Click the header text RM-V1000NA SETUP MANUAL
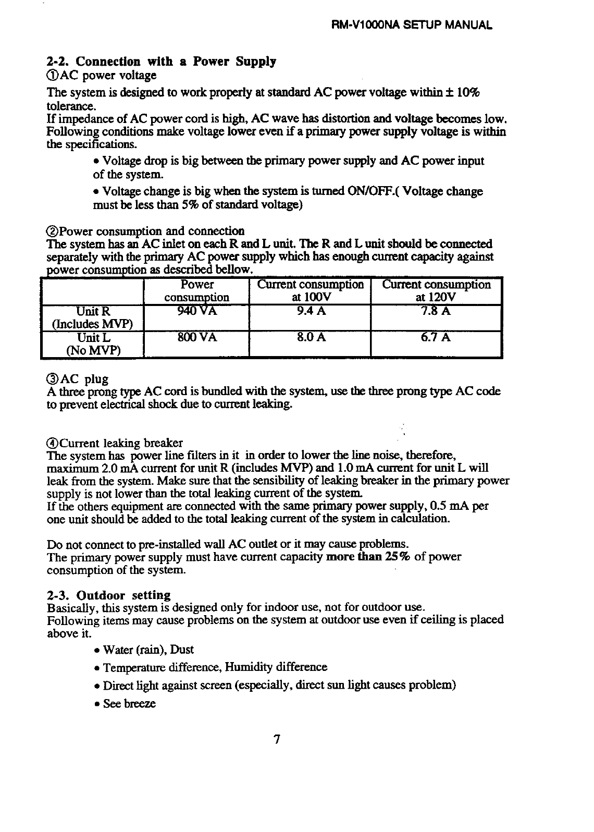(412, 25)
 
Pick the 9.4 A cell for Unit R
(310, 312)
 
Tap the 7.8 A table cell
(436, 312)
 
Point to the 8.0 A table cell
(310, 337)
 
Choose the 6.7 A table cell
(436, 337)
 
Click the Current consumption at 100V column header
(310, 291)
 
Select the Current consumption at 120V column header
(436, 291)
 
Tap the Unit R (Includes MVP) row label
(92, 318)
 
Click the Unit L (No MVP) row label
(92, 344)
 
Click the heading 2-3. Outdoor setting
(109, 595)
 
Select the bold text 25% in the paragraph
(398, 557)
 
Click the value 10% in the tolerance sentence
(467, 93)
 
